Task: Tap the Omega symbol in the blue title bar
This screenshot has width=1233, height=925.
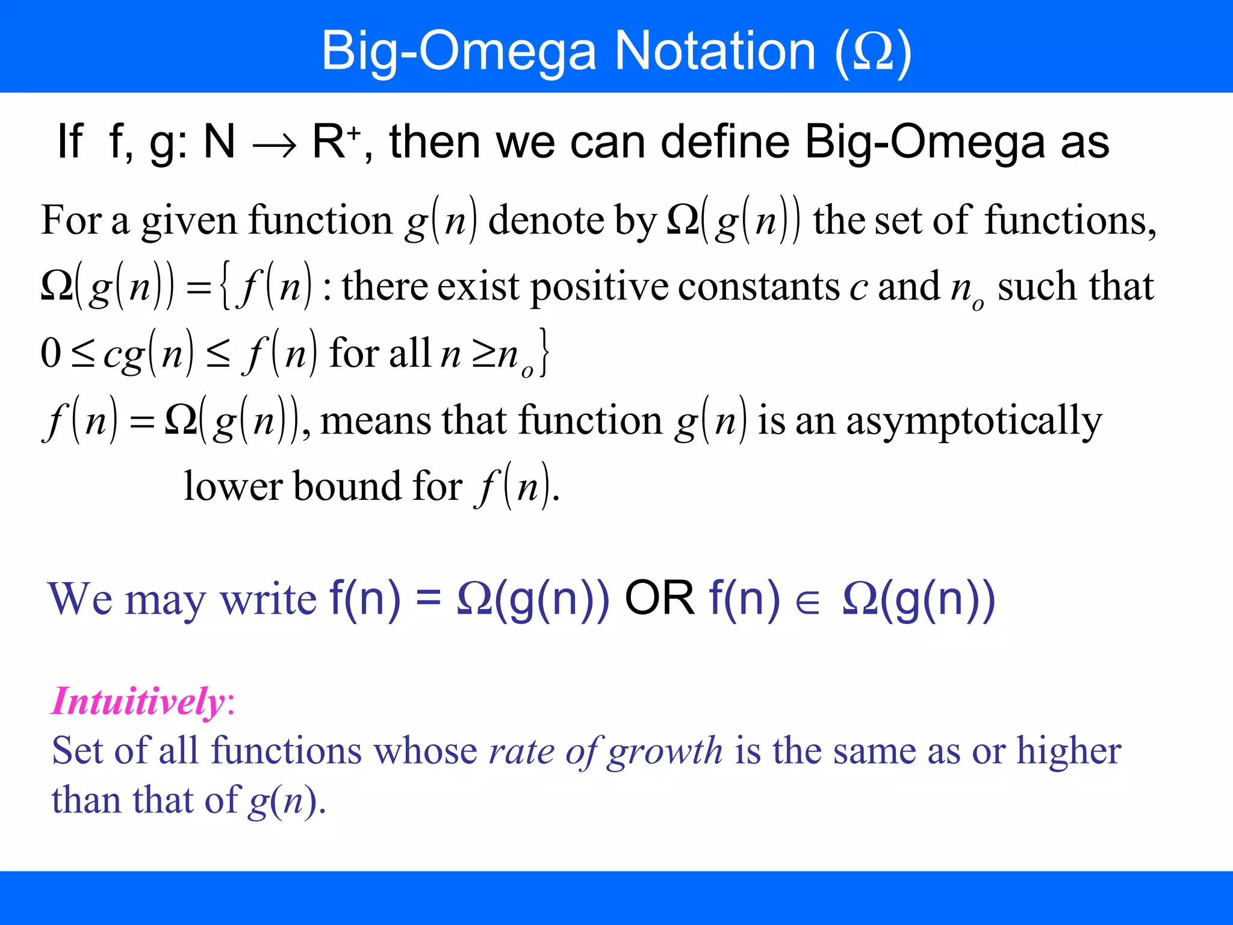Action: pyautogui.click(x=874, y=52)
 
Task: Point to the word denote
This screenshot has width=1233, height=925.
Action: pyautogui.click(x=546, y=220)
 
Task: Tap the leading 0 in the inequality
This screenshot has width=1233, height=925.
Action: pyautogui.click(x=51, y=353)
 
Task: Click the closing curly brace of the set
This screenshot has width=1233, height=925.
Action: pyautogui.click(x=544, y=353)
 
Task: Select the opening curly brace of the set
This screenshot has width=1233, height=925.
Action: pyautogui.click(x=225, y=287)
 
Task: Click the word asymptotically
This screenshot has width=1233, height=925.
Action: pyautogui.click(x=974, y=422)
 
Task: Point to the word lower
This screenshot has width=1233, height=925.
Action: pyautogui.click(x=232, y=486)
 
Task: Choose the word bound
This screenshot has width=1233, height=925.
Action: pyautogui.click(x=347, y=486)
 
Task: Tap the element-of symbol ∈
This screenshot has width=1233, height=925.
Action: pyautogui.click(x=807, y=602)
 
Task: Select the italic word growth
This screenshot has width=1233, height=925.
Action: pyautogui.click(x=665, y=752)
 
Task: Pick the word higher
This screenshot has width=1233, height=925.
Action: pyautogui.click(x=1069, y=751)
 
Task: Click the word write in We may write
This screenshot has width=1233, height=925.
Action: pyautogui.click(x=268, y=600)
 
